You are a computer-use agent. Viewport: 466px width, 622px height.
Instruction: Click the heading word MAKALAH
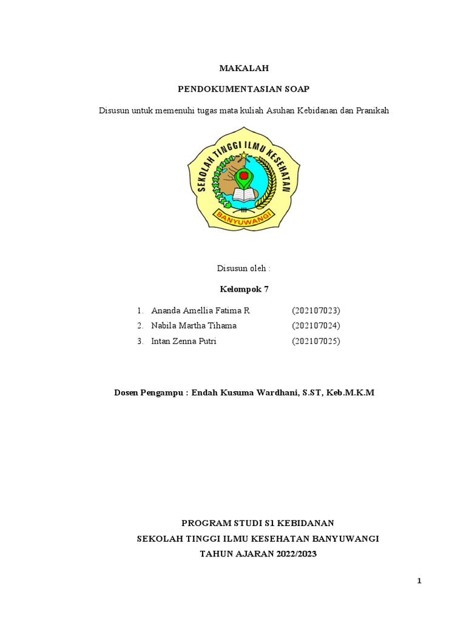pyautogui.click(x=243, y=69)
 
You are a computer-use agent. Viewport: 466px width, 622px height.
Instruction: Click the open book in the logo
pyautogui.click(x=244, y=195)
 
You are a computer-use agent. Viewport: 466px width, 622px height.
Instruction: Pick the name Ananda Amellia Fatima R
pyautogui.click(x=200, y=310)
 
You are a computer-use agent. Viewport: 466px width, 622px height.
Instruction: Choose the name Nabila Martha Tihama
pyautogui.click(x=194, y=326)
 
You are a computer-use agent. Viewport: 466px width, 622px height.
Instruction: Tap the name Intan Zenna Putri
pyautogui.click(x=183, y=341)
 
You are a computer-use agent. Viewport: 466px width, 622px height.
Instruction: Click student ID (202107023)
pyautogui.click(x=316, y=310)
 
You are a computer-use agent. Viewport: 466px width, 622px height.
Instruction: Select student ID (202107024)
pyautogui.click(x=316, y=326)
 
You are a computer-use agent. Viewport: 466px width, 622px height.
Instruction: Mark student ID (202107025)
pyautogui.click(x=316, y=341)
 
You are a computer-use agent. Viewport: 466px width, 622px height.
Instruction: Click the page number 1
pyautogui.click(x=419, y=581)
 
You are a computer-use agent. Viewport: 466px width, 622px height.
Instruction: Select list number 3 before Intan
pyautogui.click(x=140, y=341)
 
